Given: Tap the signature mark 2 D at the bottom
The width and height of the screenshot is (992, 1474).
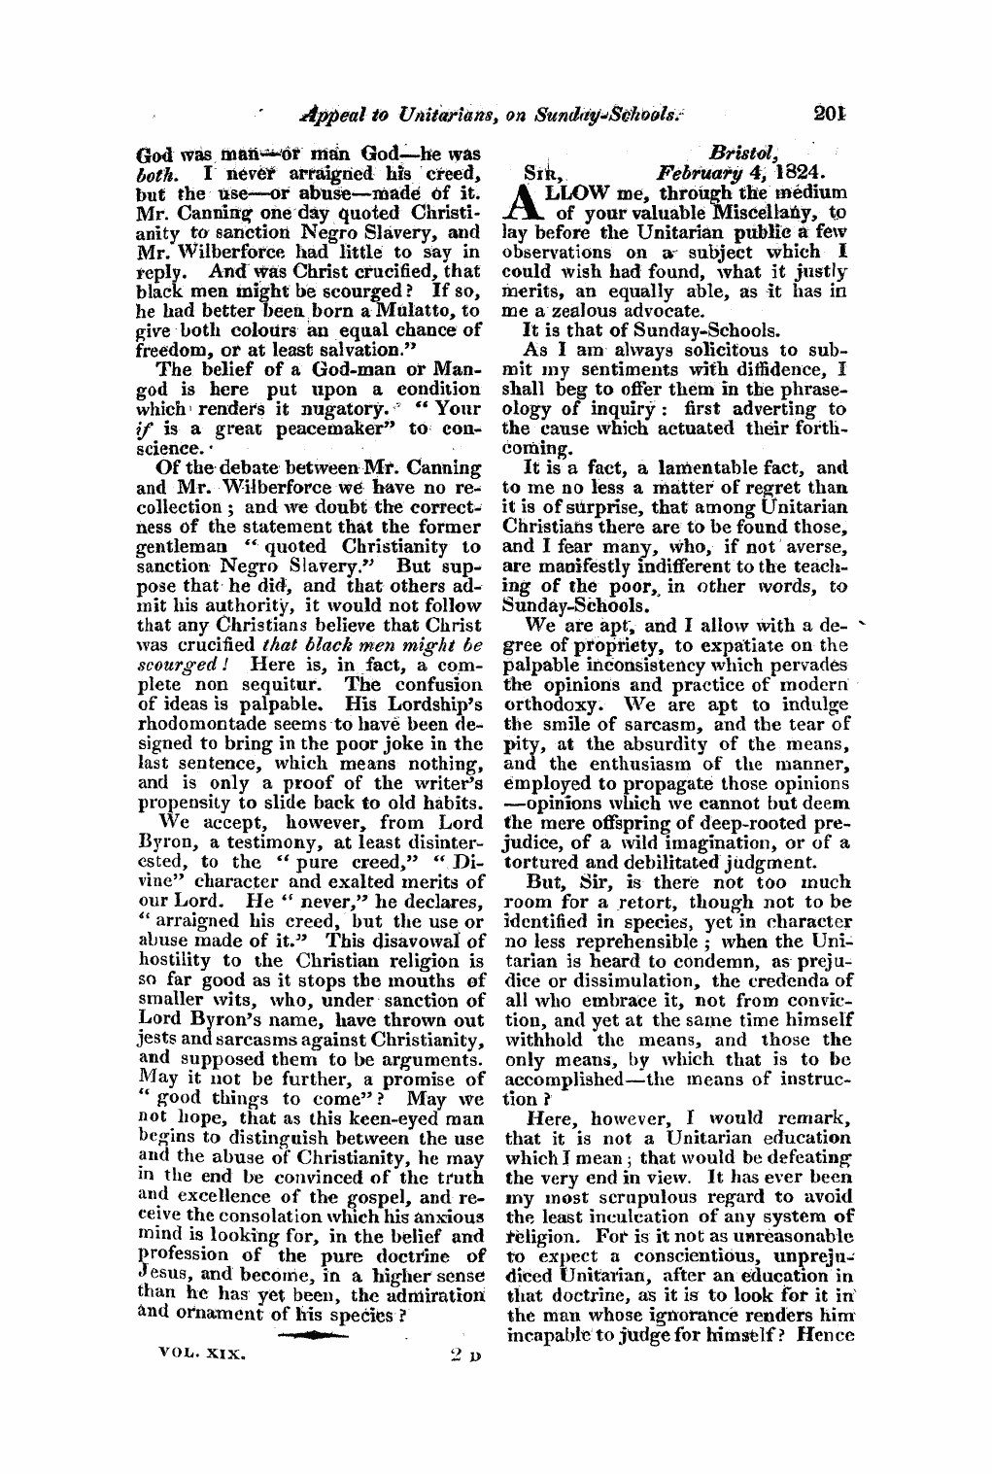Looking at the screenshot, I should (454, 1351).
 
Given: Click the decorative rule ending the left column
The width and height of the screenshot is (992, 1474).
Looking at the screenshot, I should (327, 1333).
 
